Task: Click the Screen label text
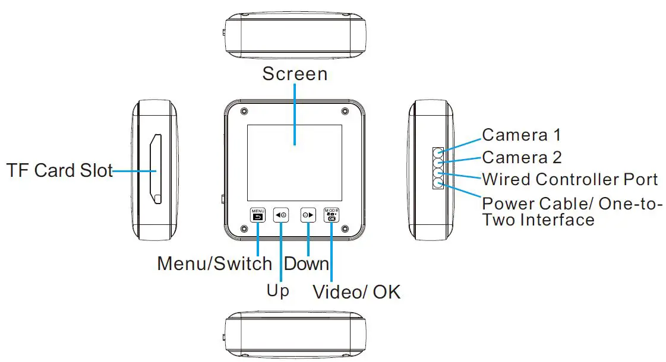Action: click(295, 74)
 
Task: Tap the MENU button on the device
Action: click(258, 215)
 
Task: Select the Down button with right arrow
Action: click(308, 215)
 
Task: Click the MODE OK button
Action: click(332, 215)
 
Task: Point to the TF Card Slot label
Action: click(60, 170)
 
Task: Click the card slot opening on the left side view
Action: click(155, 169)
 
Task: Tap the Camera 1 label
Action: click(522, 135)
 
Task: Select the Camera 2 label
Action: click(522, 157)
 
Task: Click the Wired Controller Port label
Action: click(570, 179)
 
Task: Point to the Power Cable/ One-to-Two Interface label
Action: click(572, 211)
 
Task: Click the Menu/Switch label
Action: click(214, 263)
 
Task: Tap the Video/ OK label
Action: click(357, 292)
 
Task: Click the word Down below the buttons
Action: click(306, 263)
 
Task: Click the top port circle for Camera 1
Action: click(438, 153)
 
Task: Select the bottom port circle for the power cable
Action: click(438, 184)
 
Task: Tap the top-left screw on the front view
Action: click(244, 111)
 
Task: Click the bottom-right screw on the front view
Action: click(345, 229)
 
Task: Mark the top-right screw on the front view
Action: click(345, 111)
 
